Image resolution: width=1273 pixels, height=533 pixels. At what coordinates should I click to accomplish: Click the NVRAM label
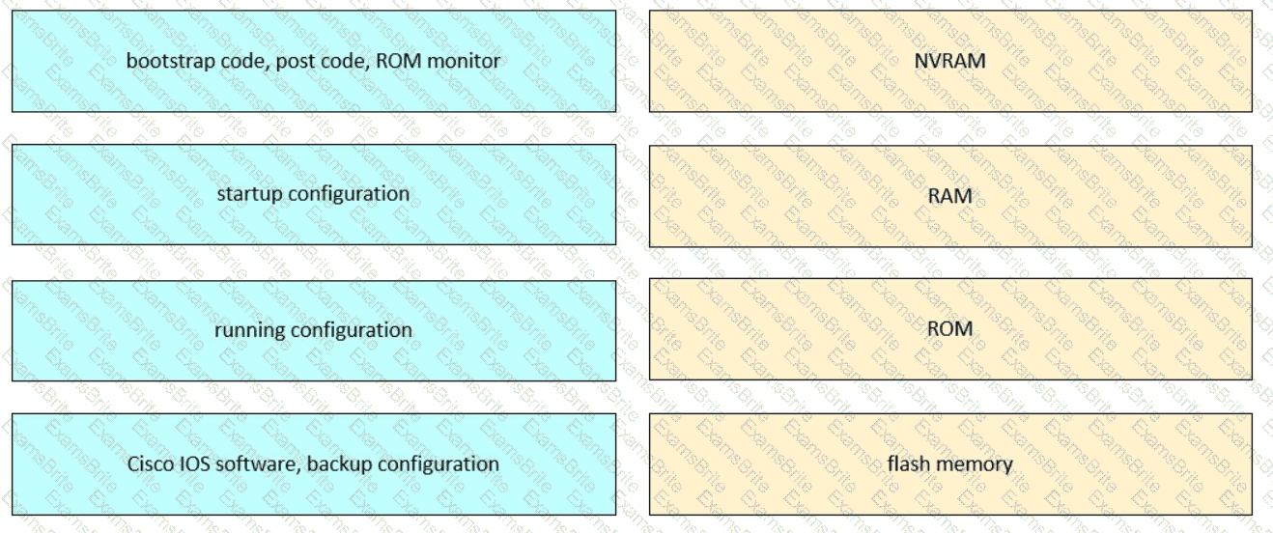pyautogui.click(x=949, y=61)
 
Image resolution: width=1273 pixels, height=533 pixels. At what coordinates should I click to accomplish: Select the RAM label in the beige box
pyautogui.click(x=949, y=196)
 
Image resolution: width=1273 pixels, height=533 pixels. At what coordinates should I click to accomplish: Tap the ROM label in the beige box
pyautogui.click(x=949, y=329)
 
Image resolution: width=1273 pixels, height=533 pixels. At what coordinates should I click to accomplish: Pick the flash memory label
pyautogui.click(x=949, y=464)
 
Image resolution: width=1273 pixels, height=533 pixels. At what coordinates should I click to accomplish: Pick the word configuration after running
pyautogui.click(x=352, y=330)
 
